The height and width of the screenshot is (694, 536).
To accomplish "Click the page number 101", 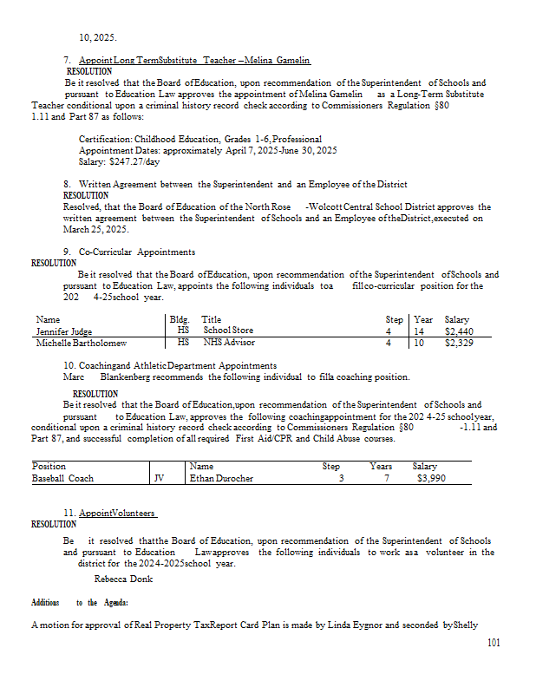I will click(x=494, y=642).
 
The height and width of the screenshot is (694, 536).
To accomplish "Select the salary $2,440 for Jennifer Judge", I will click(x=456, y=331).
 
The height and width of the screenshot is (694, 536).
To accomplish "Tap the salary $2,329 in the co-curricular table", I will click(x=456, y=343).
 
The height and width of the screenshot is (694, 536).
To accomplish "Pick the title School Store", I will click(x=228, y=331).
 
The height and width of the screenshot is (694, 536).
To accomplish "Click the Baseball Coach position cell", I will click(x=62, y=478).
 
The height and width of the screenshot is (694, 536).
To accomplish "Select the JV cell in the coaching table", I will click(x=159, y=478).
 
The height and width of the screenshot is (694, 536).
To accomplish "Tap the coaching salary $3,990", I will click(x=431, y=478).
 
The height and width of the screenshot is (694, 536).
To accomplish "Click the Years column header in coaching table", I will click(x=381, y=466).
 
